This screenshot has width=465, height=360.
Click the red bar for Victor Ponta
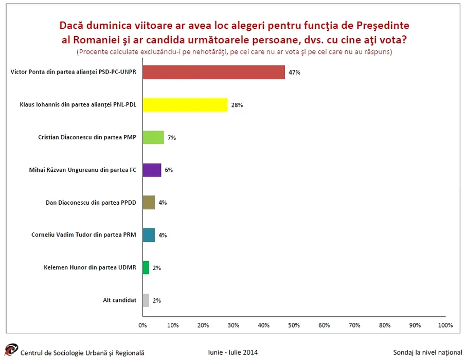point(213,73)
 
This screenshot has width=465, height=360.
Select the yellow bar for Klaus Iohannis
point(185,105)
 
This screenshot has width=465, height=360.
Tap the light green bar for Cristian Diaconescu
point(153,137)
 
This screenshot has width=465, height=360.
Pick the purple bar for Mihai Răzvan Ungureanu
point(152,170)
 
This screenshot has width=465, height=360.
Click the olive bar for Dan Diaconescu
point(149,203)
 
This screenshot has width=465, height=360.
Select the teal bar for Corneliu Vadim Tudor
point(149,235)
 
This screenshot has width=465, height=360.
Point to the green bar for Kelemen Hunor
point(146,267)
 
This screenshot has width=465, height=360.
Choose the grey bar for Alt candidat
point(146,300)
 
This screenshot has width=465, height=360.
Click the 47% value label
point(294,73)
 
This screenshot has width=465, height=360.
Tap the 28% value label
point(237,105)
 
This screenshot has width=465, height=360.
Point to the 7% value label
point(172,137)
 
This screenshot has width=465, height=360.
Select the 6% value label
point(169,170)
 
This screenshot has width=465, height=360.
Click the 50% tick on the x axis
point(294,325)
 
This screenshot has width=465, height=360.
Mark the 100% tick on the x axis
point(445,325)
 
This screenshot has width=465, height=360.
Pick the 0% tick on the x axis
point(142,325)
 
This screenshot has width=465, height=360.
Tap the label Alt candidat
point(120,300)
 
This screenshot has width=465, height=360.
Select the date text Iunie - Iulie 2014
point(233,352)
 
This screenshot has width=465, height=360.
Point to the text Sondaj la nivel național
point(427,352)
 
